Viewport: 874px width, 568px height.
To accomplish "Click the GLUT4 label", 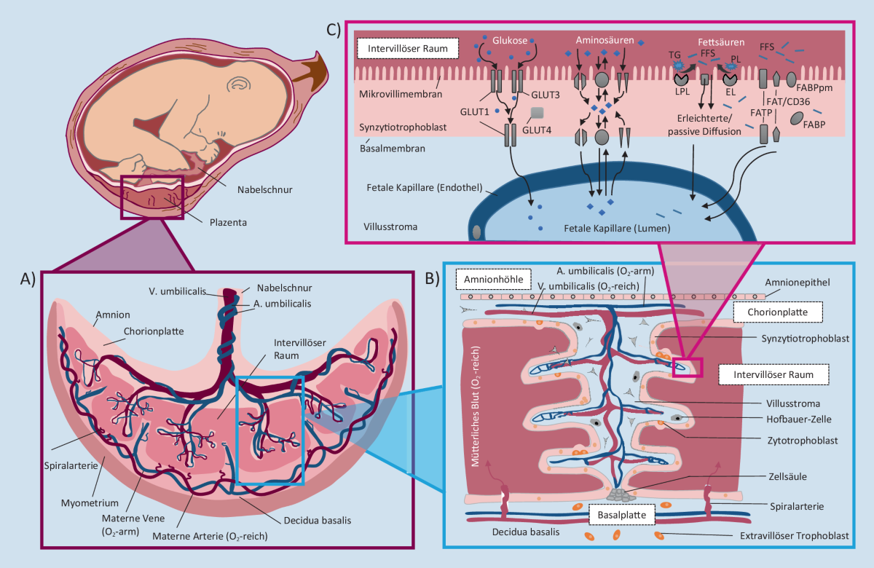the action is [x=537, y=130].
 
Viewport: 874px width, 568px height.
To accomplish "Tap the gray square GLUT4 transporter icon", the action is [x=538, y=113].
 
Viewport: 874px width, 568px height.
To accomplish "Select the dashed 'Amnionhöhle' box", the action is [x=493, y=280].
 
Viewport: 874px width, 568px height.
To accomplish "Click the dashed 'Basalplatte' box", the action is [x=621, y=515].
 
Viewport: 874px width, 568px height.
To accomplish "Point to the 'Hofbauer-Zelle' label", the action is [x=799, y=419].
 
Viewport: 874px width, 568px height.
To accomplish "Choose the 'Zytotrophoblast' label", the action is [x=803, y=441].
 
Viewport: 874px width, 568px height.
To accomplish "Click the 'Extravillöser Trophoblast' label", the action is [x=795, y=536].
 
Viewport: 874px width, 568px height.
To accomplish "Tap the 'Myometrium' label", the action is [x=90, y=503].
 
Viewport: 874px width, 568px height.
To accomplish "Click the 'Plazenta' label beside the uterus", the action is [x=228, y=223].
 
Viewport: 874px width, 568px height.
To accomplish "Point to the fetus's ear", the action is [x=239, y=83].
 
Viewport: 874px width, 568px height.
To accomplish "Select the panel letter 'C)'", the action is [x=334, y=30].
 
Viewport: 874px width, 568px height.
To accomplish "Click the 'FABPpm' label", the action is [x=814, y=88].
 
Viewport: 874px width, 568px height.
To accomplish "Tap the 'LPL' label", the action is [x=682, y=92].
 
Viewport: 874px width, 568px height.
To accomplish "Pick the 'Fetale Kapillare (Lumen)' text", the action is [x=617, y=229].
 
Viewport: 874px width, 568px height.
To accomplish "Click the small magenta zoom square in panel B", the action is [x=687, y=368].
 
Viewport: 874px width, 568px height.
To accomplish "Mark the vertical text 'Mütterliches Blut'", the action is [x=475, y=406].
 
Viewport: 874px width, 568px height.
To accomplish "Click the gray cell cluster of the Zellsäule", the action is [x=621, y=495].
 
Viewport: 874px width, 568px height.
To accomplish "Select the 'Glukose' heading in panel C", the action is [x=510, y=41].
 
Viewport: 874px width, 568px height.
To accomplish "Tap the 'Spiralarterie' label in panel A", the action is [x=71, y=466].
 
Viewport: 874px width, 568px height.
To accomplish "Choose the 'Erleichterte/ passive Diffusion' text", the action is [x=704, y=125].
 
